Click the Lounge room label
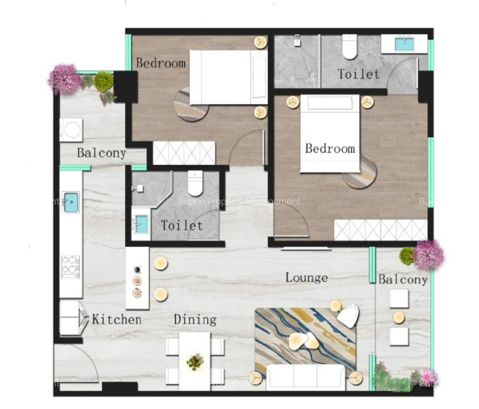(x=306, y=277)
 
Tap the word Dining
(x=195, y=319)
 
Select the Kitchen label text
(x=117, y=319)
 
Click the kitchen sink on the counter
(x=70, y=202)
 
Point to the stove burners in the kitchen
(x=70, y=266)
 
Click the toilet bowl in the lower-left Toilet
(x=195, y=184)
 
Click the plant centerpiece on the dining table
(x=195, y=362)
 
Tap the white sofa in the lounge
(x=305, y=377)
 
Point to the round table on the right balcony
(x=399, y=318)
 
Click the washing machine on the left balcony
(x=71, y=130)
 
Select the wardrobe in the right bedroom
(x=380, y=230)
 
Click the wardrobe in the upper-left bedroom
(x=184, y=153)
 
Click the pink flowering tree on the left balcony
(x=65, y=79)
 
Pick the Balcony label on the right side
(x=403, y=279)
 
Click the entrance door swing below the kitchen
(x=77, y=364)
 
